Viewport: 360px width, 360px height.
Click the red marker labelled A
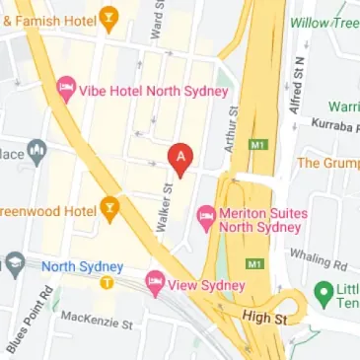click(x=180, y=157)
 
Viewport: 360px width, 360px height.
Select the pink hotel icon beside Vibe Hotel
click(x=66, y=90)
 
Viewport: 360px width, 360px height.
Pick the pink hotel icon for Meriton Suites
click(x=207, y=214)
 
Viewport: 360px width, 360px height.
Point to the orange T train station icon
click(x=107, y=283)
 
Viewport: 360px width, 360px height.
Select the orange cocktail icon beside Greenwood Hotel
click(x=110, y=209)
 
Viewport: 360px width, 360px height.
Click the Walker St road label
click(x=166, y=203)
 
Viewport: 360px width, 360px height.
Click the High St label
click(x=264, y=320)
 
